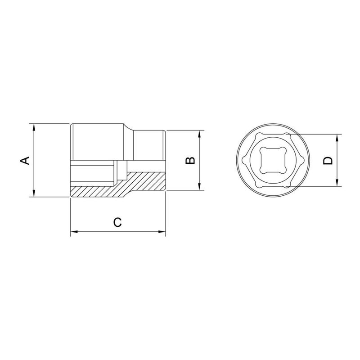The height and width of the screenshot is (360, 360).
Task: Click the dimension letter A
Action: pos(26,160)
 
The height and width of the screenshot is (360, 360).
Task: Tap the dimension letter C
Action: pos(117,222)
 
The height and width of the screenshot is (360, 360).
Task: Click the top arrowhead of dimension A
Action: pos(34,127)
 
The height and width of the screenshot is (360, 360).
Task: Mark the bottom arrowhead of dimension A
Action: pos(34,193)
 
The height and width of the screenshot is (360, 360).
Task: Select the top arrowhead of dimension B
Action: pos(199,134)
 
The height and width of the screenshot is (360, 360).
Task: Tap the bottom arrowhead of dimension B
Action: pos(199,188)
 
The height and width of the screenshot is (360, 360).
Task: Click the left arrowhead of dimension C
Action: pos(74,232)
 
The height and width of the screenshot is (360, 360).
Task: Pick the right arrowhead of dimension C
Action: pos(162,232)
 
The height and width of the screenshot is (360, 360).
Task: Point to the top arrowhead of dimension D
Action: pos(337,138)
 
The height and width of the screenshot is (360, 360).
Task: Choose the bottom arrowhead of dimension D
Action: pos(337,183)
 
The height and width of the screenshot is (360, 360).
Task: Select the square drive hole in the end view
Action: pos(269,160)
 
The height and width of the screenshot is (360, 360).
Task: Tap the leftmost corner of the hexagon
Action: pos(243,160)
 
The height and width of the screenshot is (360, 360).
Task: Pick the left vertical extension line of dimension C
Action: pos(71,216)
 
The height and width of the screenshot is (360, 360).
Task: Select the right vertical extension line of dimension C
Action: pos(166,216)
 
